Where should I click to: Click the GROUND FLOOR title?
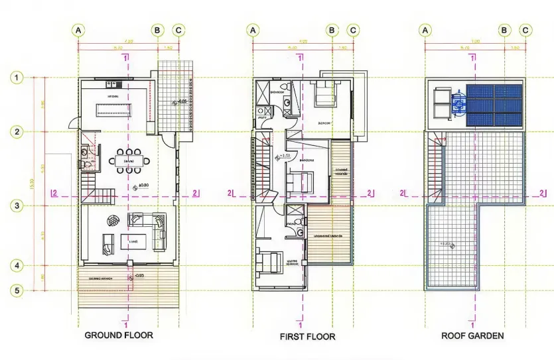click(x=119, y=335)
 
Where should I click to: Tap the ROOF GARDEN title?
click(x=472, y=335)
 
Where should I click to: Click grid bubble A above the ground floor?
click(x=78, y=30)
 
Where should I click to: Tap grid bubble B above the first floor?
click(x=332, y=30)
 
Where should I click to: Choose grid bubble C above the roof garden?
click(x=525, y=30)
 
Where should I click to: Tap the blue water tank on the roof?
click(x=458, y=104)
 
